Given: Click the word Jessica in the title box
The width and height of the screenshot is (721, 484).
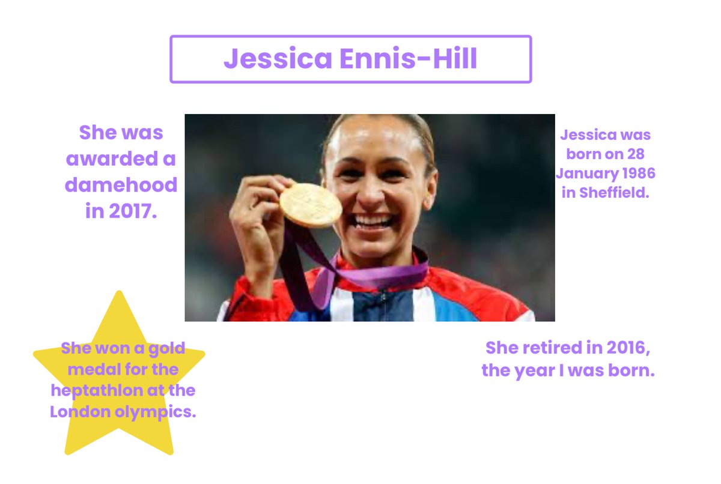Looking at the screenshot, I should [278, 59].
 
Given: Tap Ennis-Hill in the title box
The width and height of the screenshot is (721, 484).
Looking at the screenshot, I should [409, 59].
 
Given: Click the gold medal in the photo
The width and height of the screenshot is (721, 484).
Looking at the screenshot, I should [310, 205].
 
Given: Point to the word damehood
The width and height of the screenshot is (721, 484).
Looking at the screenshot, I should [121, 185].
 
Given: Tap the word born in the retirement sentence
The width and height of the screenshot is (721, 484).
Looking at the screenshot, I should [628, 371].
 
